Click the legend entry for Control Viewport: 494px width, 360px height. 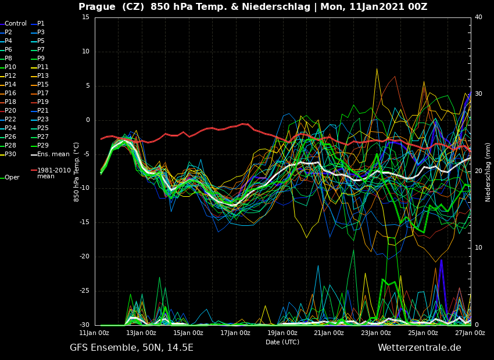pos(16,24)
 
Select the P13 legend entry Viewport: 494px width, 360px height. pos(43,76)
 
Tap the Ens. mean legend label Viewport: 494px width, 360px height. pos(53,154)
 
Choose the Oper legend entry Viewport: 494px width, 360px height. pos(12,178)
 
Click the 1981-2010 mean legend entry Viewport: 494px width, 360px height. pos(53,174)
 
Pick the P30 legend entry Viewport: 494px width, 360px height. pos(10,154)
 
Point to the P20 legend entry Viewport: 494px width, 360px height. pos(10,111)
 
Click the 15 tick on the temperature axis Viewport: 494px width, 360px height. pos(85,17)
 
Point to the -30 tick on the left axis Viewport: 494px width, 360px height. pos(84,325)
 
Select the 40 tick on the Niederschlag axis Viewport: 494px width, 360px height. pos(478,17)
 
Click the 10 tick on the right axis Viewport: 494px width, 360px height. pos(478,248)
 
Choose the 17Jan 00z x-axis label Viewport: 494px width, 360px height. pos(235,333)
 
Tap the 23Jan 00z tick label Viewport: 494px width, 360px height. pos(376,333)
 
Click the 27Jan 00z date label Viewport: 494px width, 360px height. pos(470,333)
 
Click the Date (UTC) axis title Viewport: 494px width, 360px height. pos(282,343)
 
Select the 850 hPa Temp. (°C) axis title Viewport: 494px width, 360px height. pos(77,172)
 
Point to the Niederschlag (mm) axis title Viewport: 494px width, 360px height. pos(488,172)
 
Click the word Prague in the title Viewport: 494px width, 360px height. pos(97,7)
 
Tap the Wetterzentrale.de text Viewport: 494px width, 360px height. pos(419,348)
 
